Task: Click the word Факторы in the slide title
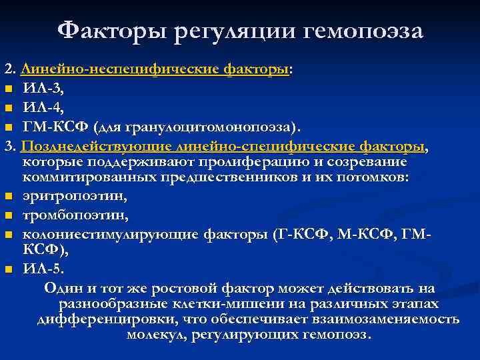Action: (x=110, y=30)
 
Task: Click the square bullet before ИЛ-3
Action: (x=8, y=88)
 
